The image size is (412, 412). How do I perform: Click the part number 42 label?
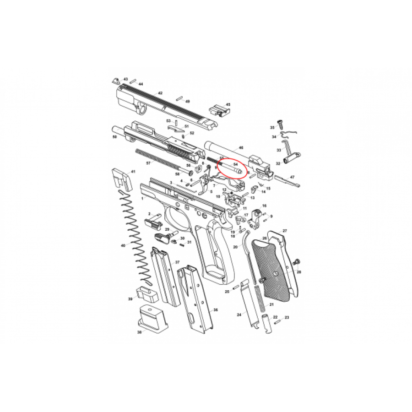tap(160, 93)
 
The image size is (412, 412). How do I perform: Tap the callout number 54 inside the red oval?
tap(235, 163)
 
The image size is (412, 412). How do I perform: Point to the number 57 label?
tap(148, 163)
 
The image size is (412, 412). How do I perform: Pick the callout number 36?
tap(215, 310)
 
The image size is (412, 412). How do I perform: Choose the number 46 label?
tap(241, 148)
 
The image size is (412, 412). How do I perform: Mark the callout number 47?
tap(292, 177)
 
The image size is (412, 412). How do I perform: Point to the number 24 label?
tap(239, 315)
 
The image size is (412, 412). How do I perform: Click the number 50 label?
tap(114, 136)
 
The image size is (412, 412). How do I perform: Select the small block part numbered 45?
tap(219, 111)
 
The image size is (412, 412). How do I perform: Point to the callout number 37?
tap(177, 262)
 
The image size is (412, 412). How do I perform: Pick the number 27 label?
tap(284, 231)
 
